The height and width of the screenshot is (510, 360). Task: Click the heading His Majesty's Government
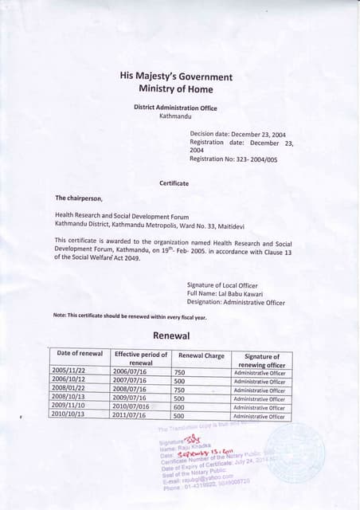click(175, 76)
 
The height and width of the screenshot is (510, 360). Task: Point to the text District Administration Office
click(175, 107)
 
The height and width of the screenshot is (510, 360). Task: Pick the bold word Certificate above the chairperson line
click(174, 183)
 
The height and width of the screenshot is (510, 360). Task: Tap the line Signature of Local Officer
click(228, 285)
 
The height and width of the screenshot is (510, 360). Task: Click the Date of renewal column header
click(80, 354)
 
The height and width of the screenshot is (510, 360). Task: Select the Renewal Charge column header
click(201, 355)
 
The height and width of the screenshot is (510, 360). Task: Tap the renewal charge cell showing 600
click(179, 407)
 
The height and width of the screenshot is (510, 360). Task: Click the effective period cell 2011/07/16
click(130, 416)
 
